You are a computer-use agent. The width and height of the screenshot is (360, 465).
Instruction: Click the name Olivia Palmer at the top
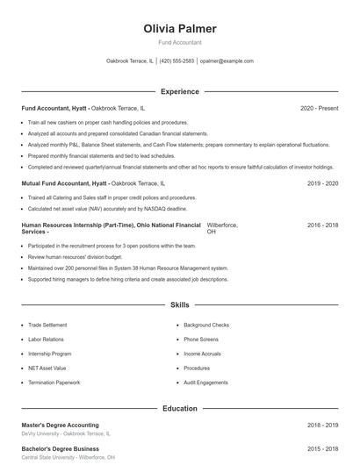coord(179,29)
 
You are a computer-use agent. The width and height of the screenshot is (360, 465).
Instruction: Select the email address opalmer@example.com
coord(227,61)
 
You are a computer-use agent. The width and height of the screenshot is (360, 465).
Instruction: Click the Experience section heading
coord(179,91)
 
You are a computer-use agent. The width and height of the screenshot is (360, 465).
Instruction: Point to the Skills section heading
coord(179,305)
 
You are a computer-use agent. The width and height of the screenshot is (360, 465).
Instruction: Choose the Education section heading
coord(179,408)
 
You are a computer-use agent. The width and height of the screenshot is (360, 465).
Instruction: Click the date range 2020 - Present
coord(319,108)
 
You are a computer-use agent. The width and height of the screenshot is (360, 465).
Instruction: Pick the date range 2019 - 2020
coord(322,183)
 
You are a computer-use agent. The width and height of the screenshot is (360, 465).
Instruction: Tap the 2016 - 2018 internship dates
coord(322,225)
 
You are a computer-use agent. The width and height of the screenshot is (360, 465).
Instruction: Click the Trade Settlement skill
coord(47,325)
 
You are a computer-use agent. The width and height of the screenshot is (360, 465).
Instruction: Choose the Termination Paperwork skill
coord(54,383)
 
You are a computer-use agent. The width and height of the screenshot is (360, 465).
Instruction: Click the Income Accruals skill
coord(202,354)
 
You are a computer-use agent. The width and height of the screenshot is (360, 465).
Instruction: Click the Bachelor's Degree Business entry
coord(60,449)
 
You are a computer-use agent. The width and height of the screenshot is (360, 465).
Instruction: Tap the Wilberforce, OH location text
coord(221,228)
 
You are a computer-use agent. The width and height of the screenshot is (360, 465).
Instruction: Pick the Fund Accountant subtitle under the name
coord(179,42)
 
